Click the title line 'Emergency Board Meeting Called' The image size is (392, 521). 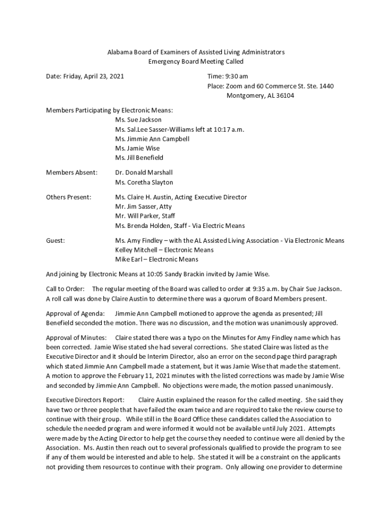coord(195,62)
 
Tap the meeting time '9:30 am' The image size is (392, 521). coord(237,76)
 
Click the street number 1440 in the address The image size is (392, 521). coord(325,86)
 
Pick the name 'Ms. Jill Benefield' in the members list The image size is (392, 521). coord(139,158)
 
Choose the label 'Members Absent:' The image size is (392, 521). coord(71,172)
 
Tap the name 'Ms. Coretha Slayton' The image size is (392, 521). coord(144,182)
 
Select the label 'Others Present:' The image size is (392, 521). coord(69,197)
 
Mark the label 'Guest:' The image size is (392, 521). coord(55,241)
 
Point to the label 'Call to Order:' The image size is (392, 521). coord(66,289)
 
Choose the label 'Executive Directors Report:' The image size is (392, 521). coord(85,400)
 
